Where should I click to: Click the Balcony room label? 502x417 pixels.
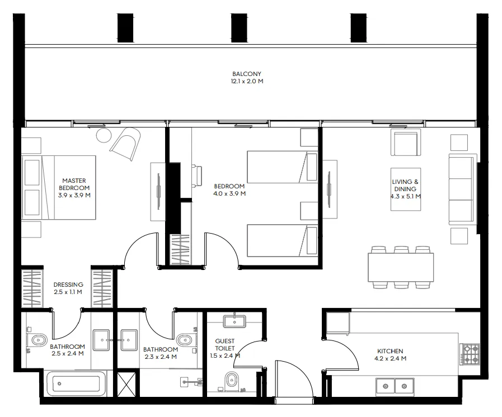(246, 74)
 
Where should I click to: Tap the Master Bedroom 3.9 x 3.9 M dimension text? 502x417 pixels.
(74, 195)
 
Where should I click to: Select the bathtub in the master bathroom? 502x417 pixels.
(76, 383)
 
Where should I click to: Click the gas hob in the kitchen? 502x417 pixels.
(470, 354)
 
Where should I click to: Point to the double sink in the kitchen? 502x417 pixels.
(395, 386)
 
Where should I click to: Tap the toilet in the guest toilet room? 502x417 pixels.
(231, 381)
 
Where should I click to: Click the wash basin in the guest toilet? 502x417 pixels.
(234, 321)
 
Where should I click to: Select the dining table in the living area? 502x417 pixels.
(401, 267)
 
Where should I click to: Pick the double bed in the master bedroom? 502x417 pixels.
(59, 187)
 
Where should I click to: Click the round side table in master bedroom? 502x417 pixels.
(104, 136)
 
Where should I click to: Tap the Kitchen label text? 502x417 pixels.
(390, 351)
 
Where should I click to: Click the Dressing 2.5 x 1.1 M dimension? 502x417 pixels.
(68, 292)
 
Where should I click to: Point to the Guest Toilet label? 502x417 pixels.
(225, 345)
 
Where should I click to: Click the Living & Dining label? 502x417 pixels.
(405, 186)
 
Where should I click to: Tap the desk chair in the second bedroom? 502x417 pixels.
(196, 176)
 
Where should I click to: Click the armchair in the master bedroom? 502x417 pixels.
(125, 144)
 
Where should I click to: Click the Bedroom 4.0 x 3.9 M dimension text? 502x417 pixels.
(229, 193)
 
